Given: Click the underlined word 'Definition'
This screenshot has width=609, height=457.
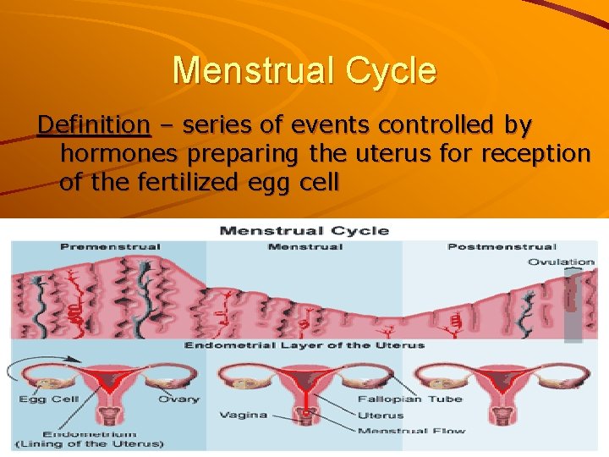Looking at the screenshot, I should [x=94, y=125].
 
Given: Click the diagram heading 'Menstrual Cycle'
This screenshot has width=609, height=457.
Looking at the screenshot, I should [x=304, y=230].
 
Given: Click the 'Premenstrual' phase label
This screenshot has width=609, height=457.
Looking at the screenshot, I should [x=110, y=247].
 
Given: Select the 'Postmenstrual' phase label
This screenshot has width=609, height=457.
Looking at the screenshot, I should [x=502, y=247].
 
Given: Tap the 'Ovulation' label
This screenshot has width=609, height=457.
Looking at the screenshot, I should [x=561, y=262].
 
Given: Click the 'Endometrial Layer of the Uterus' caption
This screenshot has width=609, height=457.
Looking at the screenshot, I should [x=304, y=345].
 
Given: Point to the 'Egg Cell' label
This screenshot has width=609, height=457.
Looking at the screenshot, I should [x=50, y=399].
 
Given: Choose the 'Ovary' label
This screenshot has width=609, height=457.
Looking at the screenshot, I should [x=178, y=399].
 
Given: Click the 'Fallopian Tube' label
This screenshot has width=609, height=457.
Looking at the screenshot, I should [x=409, y=399].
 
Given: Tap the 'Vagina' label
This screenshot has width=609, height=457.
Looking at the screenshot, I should [x=243, y=415].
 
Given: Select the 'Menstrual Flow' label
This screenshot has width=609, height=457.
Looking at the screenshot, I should [x=411, y=431].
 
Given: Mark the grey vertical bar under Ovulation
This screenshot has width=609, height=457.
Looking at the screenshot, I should [x=573, y=309].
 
